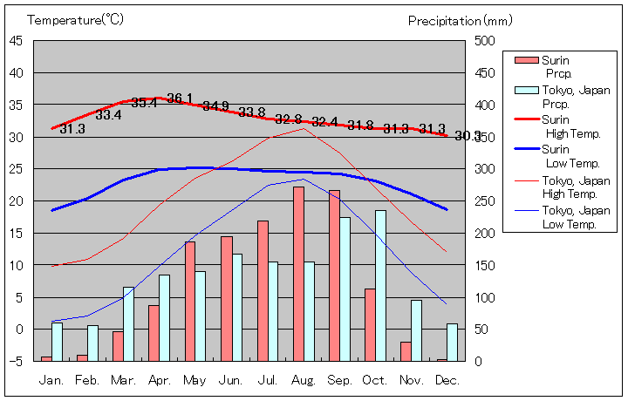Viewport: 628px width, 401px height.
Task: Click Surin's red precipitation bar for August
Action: click(298, 274)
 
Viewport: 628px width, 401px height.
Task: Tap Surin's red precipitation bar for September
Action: click(334, 275)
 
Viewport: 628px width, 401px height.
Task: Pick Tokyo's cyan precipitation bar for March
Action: click(128, 323)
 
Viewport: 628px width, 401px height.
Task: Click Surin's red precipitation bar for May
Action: click(190, 301)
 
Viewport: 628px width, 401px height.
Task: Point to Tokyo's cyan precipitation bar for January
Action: click(57, 341)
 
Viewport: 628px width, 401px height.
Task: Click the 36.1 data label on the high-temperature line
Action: click(180, 99)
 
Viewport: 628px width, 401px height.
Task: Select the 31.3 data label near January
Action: click(72, 129)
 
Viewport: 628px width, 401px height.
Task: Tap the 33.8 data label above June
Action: click(251, 112)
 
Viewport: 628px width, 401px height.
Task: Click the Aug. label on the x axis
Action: click(304, 380)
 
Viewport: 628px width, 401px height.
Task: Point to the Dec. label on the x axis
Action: click(447, 380)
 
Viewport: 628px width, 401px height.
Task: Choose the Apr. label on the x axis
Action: click(160, 380)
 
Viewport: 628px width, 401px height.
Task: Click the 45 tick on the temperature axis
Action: click(17, 40)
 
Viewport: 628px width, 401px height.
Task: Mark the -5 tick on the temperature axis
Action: click(17, 361)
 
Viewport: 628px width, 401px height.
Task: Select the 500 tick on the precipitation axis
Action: click(485, 40)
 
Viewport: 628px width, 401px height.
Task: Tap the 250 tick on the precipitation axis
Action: click(485, 200)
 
